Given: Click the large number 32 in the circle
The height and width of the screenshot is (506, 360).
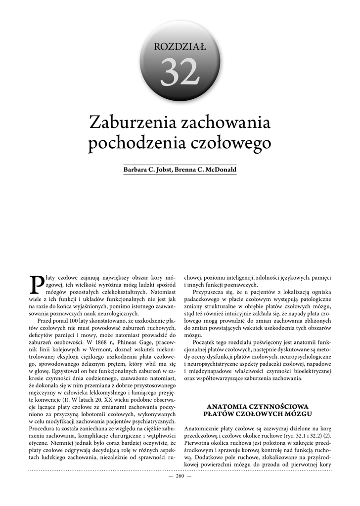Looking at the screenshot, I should [180, 73].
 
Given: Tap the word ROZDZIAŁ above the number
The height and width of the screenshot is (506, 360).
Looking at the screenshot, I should [180, 47].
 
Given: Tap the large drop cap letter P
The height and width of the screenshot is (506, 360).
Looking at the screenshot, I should [37, 283].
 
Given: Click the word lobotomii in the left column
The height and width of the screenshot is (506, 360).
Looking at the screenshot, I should [90, 413].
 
